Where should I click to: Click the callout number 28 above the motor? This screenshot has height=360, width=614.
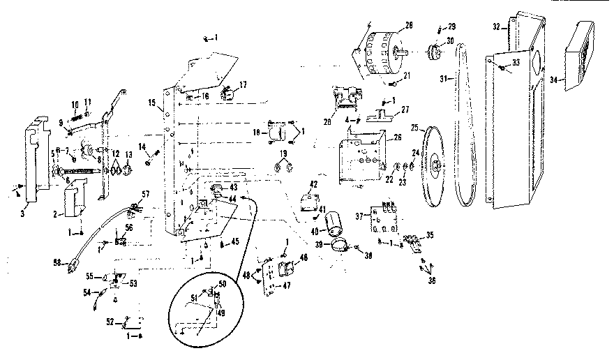pos(408,26)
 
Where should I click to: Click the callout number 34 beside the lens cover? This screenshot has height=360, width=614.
pos(554,80)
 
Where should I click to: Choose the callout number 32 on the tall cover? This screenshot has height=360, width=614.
pos(497,27)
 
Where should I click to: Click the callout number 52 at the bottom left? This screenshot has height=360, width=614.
pos(110,322)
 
